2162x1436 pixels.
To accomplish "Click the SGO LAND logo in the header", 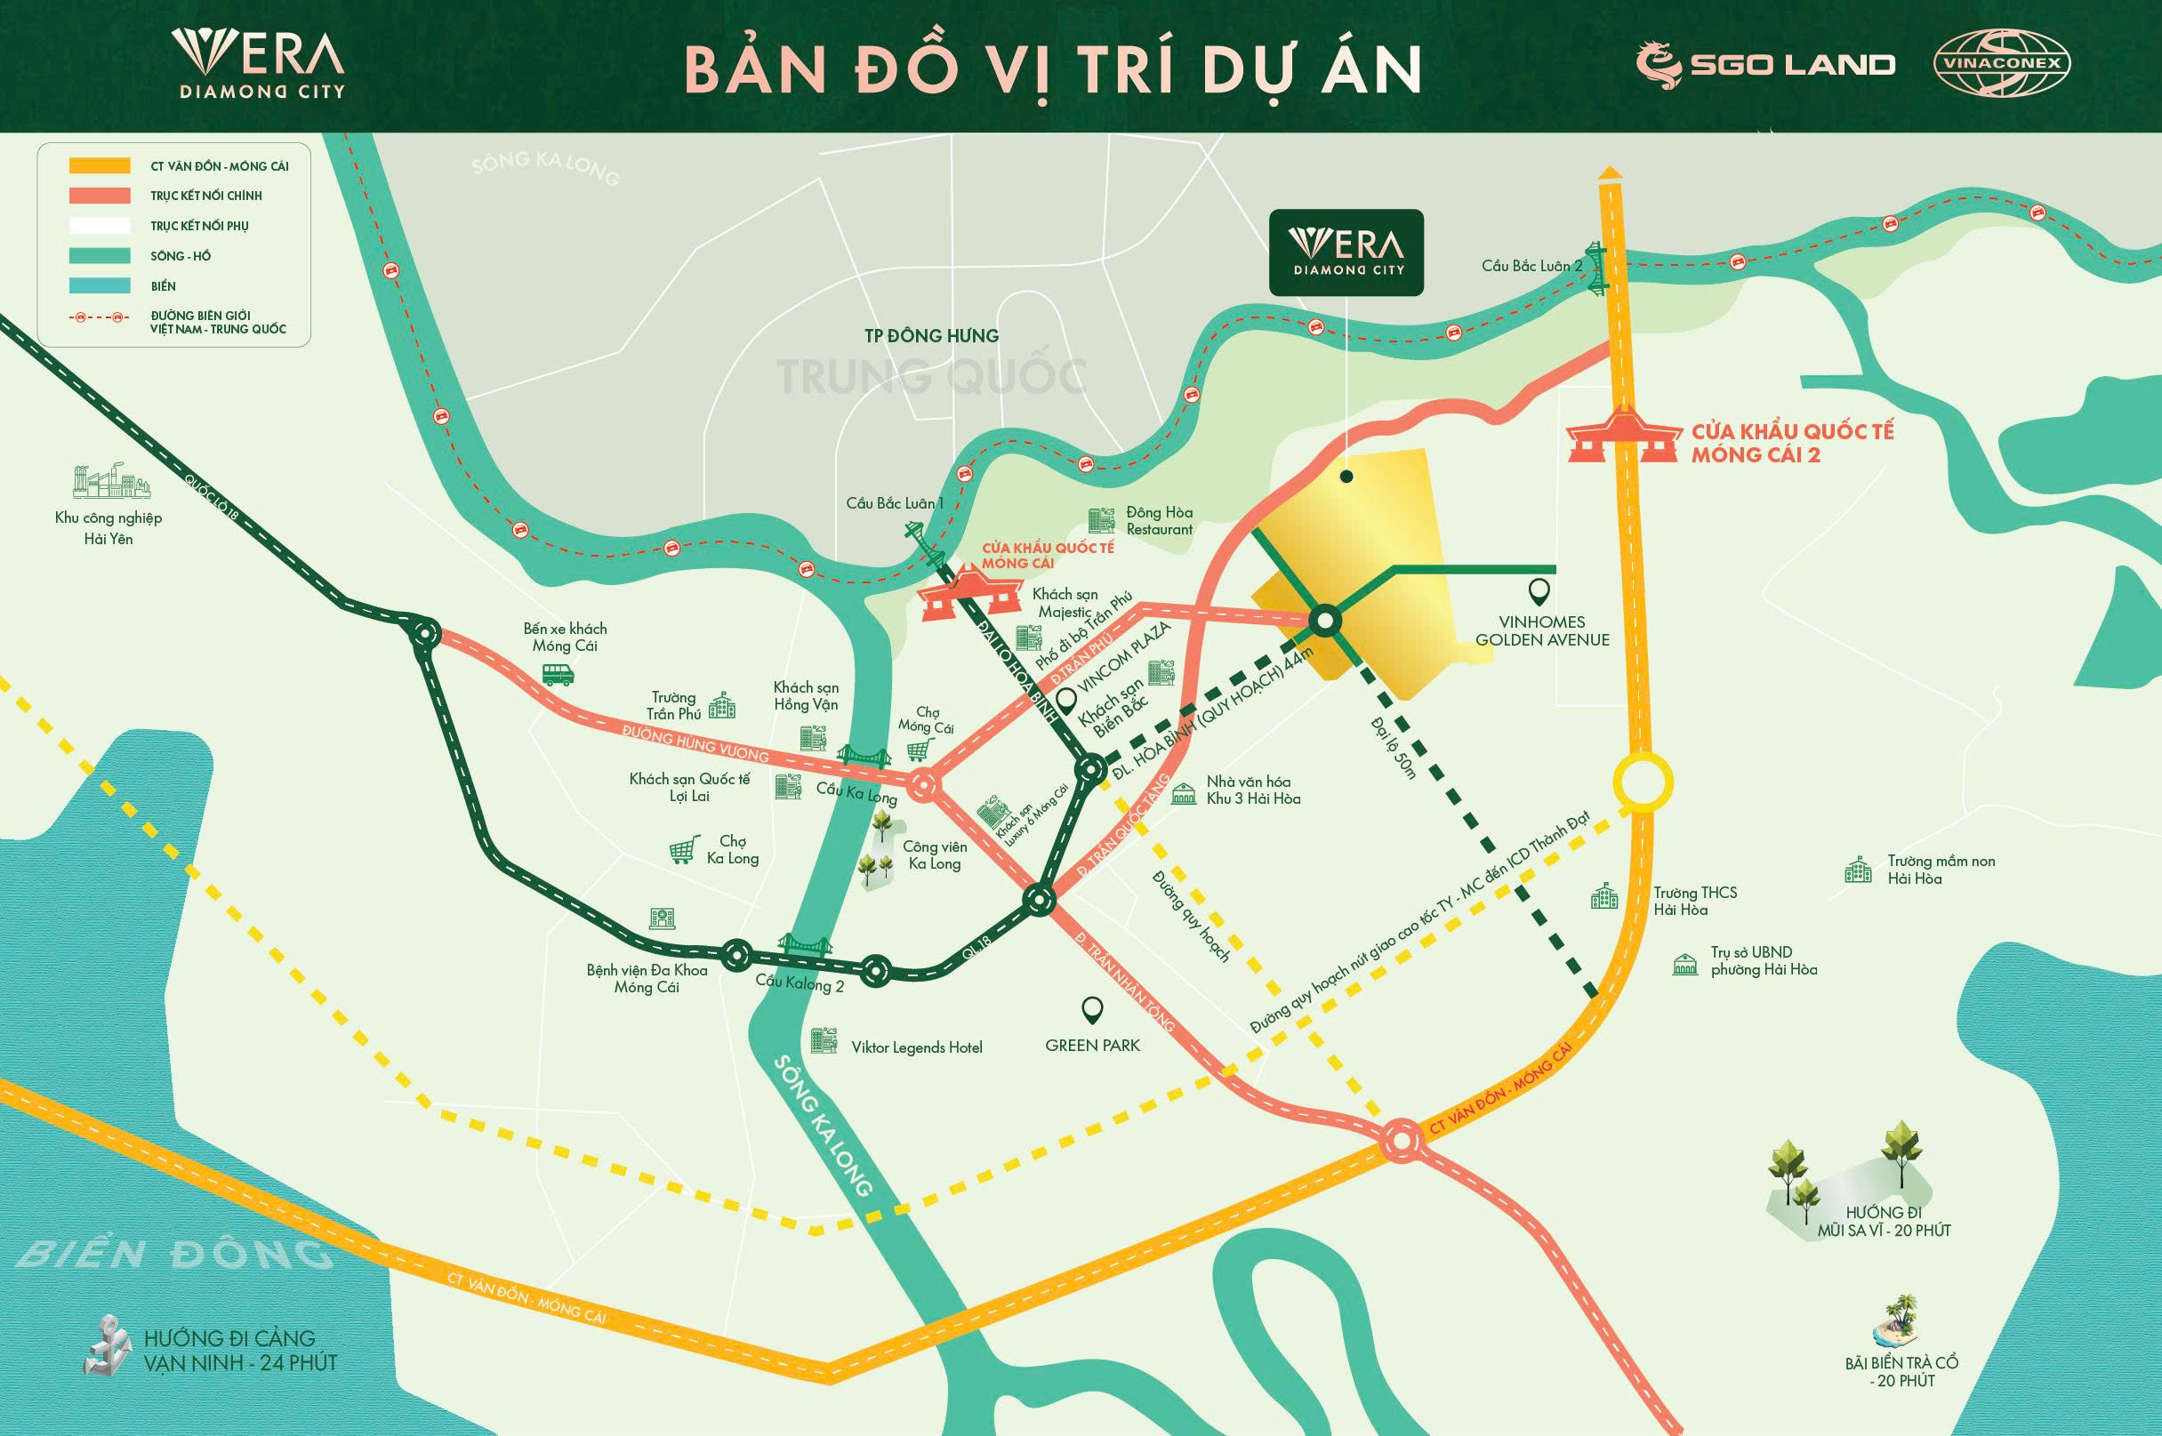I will pos(1764,64).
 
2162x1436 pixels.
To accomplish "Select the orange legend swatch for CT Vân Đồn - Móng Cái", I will pos(100,165).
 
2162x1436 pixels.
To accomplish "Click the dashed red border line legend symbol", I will pos(100,317).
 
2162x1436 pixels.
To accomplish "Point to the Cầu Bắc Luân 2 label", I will pos(1531,266).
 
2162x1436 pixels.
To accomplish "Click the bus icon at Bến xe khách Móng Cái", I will pos(558,675).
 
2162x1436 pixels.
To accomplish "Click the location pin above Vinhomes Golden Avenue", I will pos(1540,592).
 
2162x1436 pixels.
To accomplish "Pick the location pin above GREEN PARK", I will pos(1091,1010).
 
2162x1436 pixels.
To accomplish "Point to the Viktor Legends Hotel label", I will pos(916,1047).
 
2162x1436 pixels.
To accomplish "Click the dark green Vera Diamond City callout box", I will pos(1346,253).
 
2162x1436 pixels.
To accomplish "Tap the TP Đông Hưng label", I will pos(930,336).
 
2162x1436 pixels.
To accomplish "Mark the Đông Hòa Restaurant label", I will pos(1159,520).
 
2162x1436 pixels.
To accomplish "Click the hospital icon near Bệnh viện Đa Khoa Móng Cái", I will pos(662,919).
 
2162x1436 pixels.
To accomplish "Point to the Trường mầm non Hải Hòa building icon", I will pos(1857,870).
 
